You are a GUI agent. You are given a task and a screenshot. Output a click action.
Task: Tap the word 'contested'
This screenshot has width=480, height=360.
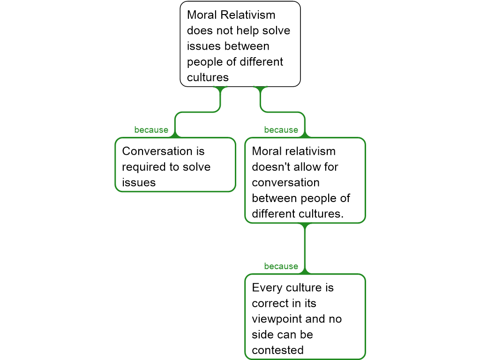(277, 350)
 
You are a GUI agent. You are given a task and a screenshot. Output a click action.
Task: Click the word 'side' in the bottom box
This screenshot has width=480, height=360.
(262, 335)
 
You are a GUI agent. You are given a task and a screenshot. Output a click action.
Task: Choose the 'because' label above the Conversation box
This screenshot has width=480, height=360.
(151, 130)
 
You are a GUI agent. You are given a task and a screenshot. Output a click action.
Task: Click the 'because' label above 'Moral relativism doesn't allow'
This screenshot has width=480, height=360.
(281, 130)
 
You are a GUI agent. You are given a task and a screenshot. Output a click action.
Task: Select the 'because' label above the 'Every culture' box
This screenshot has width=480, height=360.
(281, 266)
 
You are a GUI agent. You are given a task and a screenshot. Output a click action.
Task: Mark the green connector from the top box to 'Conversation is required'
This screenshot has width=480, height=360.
(197, 112)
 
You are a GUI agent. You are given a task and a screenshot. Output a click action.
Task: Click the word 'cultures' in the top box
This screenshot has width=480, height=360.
(208, 77)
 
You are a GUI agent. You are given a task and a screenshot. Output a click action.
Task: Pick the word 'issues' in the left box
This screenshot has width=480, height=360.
(139, 182)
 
